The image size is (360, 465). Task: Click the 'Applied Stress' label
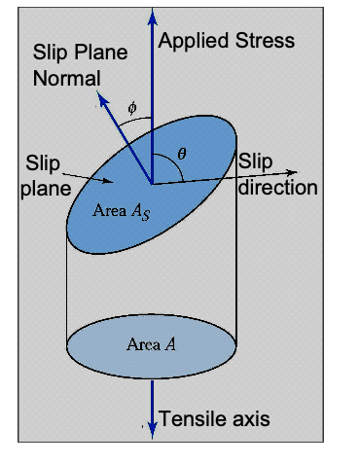225,41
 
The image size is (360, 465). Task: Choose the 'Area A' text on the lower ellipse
151,343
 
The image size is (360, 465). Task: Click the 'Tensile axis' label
214,419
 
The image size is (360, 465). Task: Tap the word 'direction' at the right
278,186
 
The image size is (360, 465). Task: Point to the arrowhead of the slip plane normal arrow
100,96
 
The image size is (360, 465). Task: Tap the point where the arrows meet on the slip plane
152,182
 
